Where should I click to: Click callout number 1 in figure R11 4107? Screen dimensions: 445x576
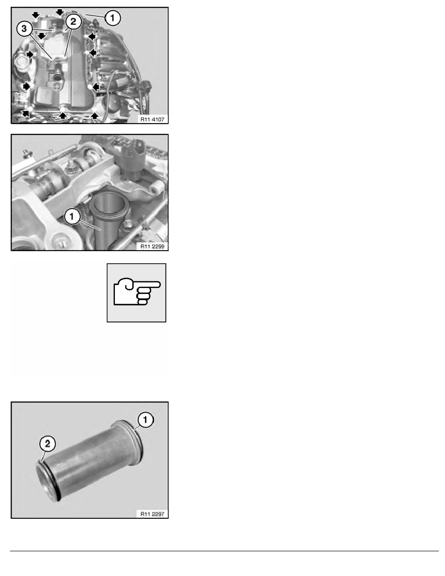[x=112, y=17]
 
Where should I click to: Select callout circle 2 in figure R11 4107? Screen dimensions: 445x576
[x=73, y=22]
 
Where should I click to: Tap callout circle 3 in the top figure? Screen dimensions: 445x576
[x=24, y=29]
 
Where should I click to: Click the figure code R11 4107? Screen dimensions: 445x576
[x=152, y=119]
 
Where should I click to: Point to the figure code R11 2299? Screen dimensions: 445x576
[x=152, y=246]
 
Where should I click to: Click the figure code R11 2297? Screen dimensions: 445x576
[x=152, y=513]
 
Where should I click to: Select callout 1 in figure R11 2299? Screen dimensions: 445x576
[x=72, y=216]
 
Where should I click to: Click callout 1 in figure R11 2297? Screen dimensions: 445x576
[x=145, y=419]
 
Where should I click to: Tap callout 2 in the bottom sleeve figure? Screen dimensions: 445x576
[x=48, y=443]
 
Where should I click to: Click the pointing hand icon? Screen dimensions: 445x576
[x=137, y=293]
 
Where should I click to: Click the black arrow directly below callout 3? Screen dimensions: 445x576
[x=42, y=35]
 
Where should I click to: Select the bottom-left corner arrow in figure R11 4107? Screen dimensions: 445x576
[x=26, y=113]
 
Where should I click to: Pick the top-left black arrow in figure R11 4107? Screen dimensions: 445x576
[x=35, y=15]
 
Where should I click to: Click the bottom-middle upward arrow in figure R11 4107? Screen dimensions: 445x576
[x=63, y=116]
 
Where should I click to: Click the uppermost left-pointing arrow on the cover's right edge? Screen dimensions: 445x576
[x=92, y=36]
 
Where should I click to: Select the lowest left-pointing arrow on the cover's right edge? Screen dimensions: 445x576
[x=96, y=87]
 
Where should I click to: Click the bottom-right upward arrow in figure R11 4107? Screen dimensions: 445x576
[x=95, y=116]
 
